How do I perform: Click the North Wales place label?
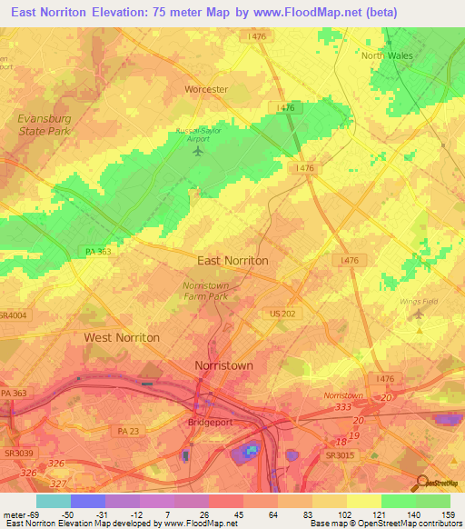[387, 55]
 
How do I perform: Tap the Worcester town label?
[206, 89]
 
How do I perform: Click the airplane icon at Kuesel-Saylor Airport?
[198, 150]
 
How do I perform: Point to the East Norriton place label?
[232, 260]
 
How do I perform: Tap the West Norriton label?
[122, 337]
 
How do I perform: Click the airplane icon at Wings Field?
[418, 314]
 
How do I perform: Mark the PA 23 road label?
[130, 430]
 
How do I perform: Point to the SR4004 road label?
[12, 314]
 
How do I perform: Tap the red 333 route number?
[342, 408]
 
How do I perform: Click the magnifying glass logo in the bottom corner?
[422, 483]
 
